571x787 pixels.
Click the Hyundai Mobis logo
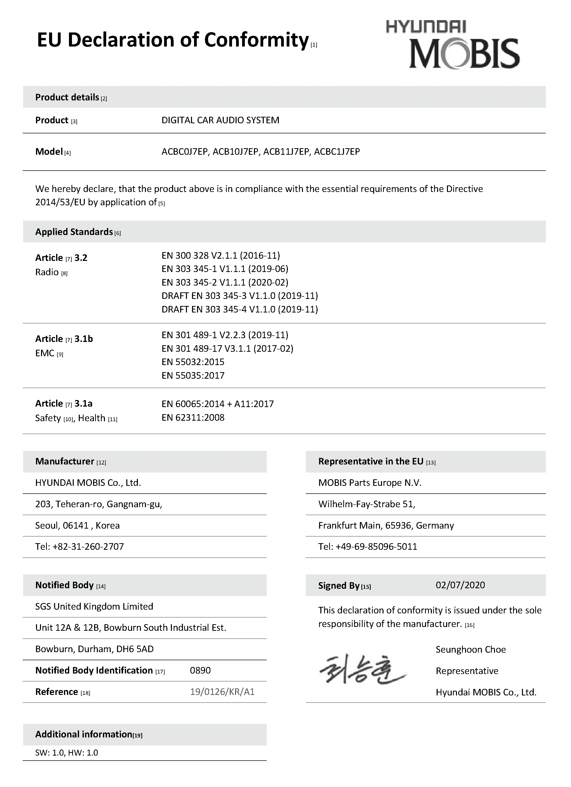[x=453, y=45]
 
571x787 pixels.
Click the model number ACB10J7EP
[x=236, y=152]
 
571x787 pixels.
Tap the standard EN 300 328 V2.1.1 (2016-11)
[x=221, y=256]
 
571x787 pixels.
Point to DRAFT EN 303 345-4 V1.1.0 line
[x=240, y=309]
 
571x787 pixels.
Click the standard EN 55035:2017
[x=193, y=375]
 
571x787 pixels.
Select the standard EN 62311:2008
[x=193, y=417]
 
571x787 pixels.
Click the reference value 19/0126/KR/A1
[x=222, y=692]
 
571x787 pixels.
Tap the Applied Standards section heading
[x=74, y=232]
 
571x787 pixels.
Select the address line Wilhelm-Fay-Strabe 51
[x=367, y=504]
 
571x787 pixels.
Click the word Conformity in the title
[x=256, y=40]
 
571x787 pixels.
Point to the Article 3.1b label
[x=64, y=339]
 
